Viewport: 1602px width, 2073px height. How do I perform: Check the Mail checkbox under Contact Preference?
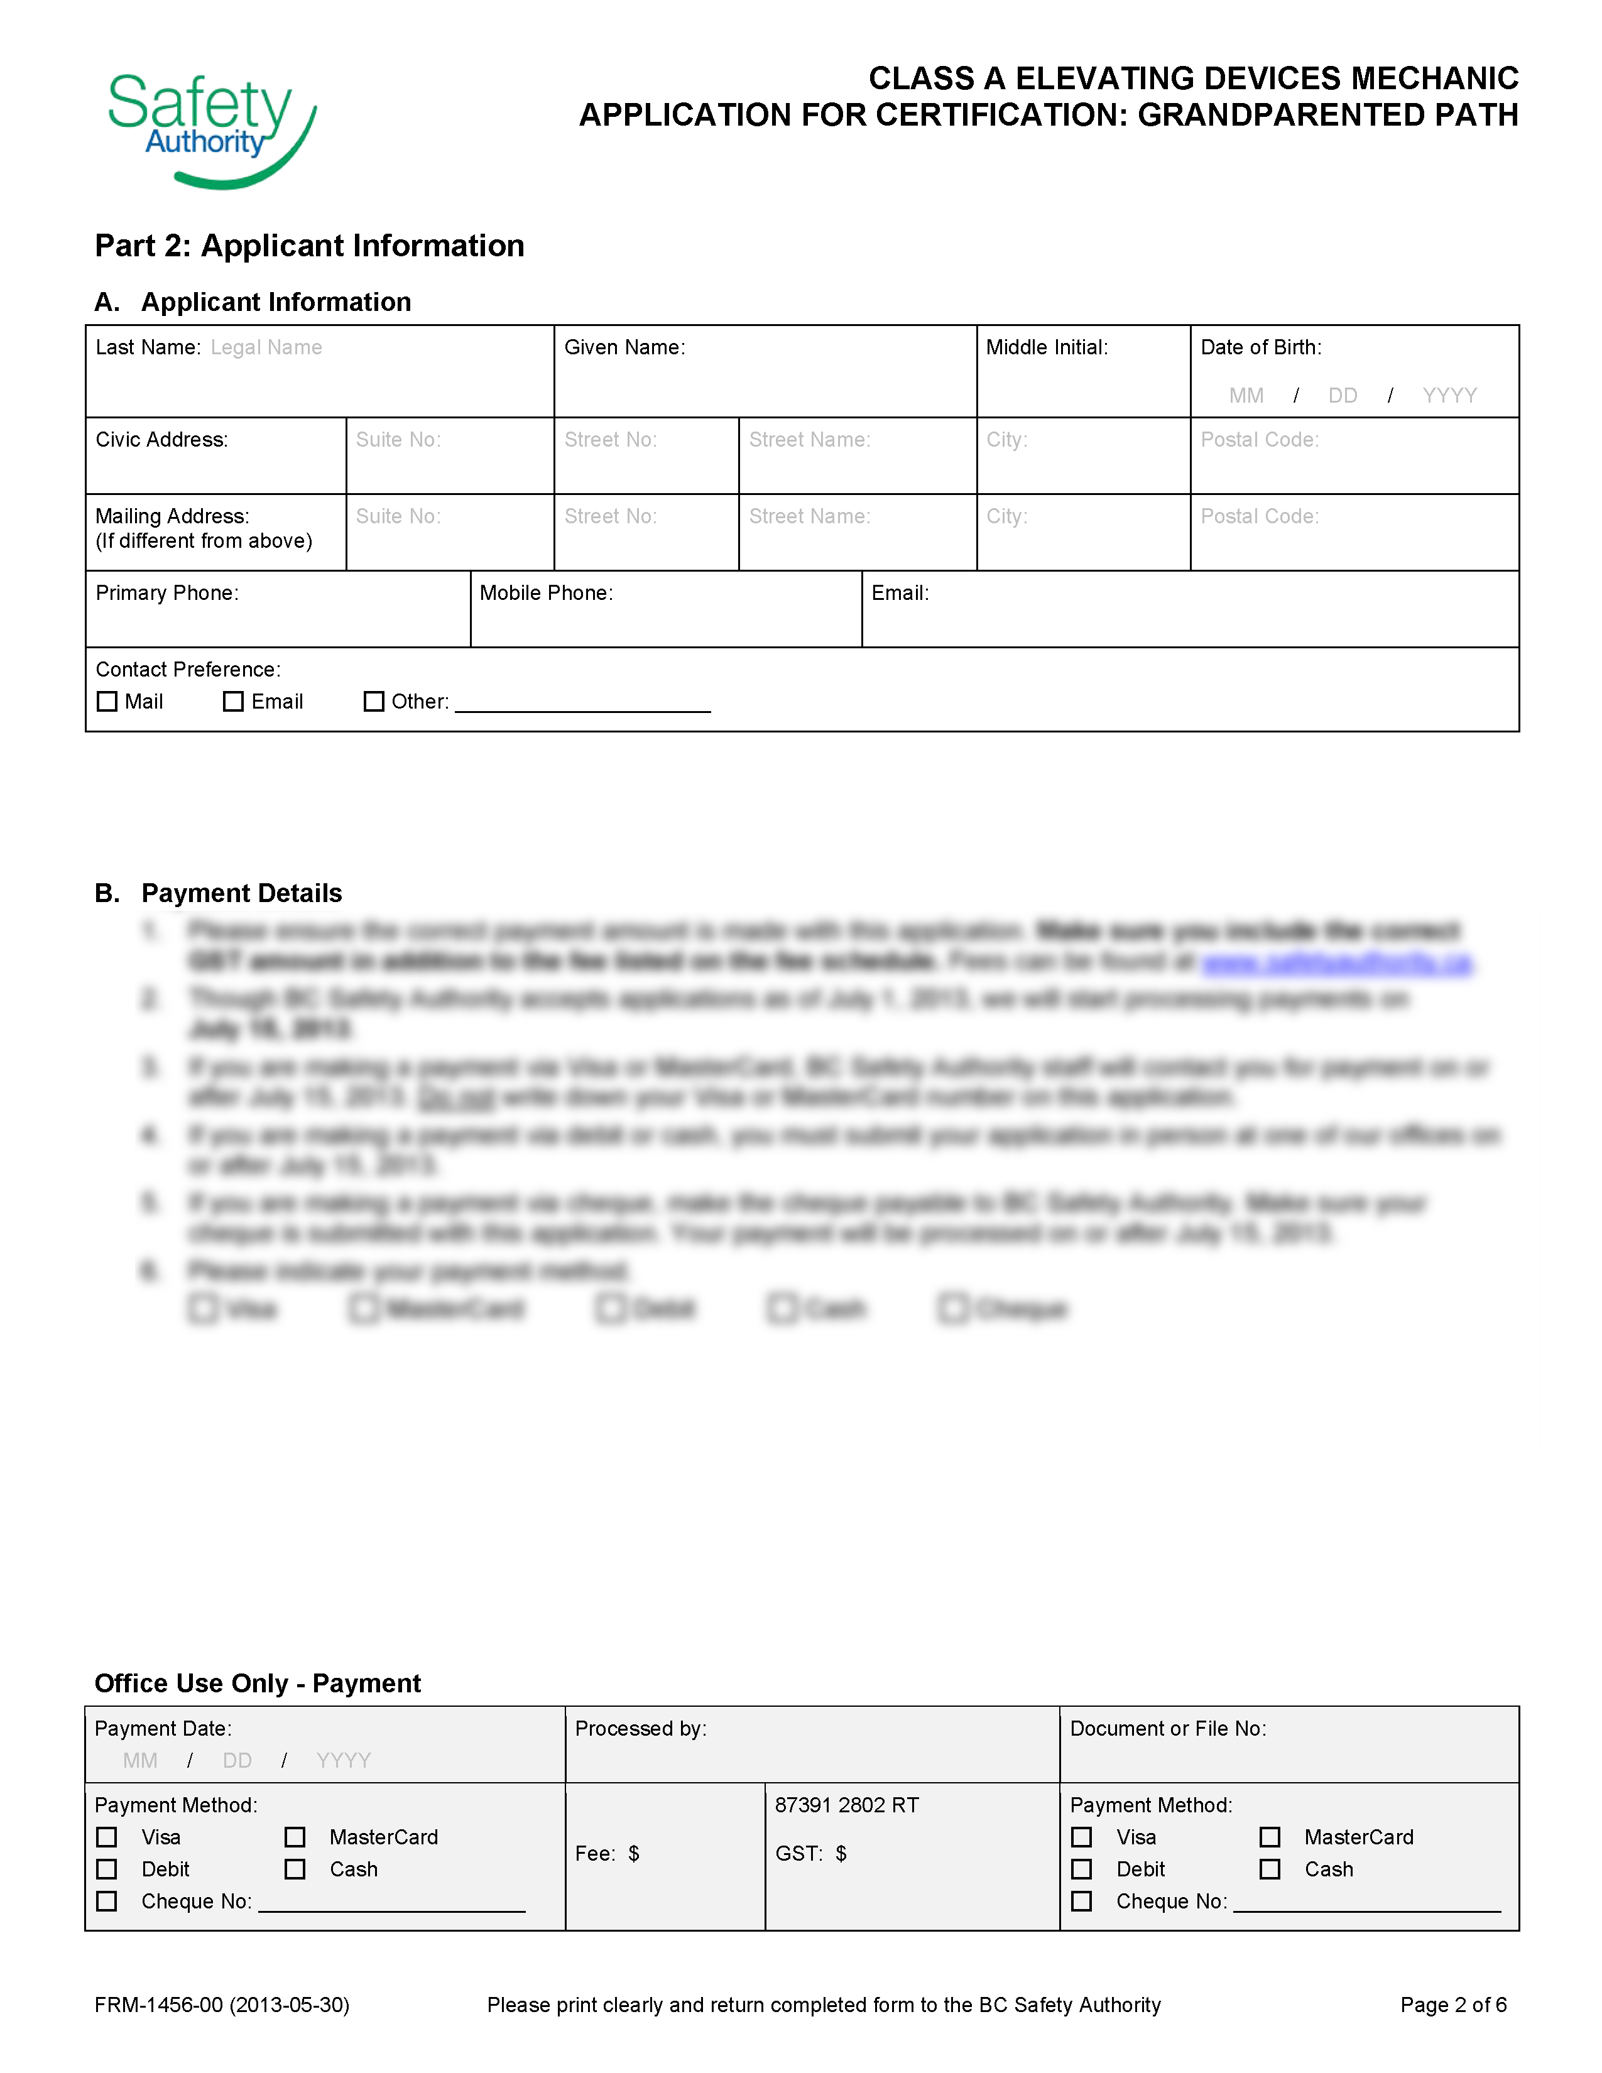pos(107,702)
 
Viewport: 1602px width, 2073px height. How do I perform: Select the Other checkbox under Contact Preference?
pos(374,702)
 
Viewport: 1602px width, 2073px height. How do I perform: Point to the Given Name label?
pos(624,347)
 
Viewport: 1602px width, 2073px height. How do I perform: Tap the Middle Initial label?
pos(1047,347)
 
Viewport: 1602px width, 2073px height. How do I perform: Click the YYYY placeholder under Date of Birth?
pos(1449,396)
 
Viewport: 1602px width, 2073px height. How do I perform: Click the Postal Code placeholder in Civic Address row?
pos(1260,440)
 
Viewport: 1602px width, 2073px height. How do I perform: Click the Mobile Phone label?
pos(547,593)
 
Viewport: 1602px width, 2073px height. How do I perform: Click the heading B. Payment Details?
pos(218,893)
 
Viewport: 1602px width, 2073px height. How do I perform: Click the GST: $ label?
pos(810,1854)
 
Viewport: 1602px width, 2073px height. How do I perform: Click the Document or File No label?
pos(1167,1729)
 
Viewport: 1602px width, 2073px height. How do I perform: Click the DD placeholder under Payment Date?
pos(237,1761)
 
